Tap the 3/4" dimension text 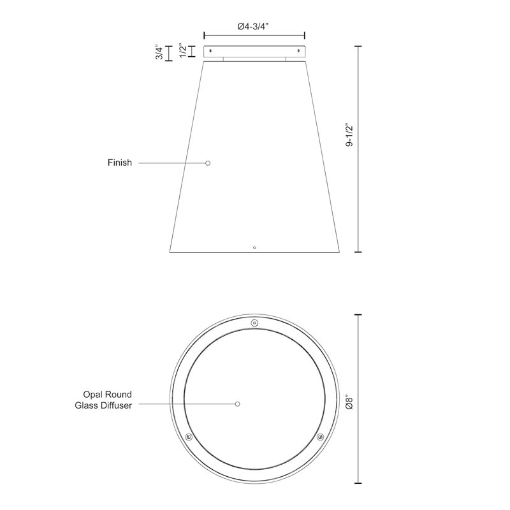coord(159,52)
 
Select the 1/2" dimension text coord(183,50)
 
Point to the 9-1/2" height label coord(349,135)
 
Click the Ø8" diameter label coord(349,402)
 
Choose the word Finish coord(120,163)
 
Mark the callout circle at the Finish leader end coord(208,163)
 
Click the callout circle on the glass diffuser coord(237,404)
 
